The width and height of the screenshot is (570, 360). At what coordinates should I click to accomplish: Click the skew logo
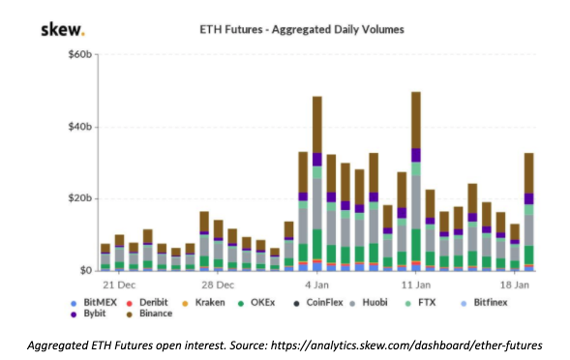click(63, 29)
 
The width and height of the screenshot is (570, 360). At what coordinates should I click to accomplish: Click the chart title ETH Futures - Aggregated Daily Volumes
click(302, 29)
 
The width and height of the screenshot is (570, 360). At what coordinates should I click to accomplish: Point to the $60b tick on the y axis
click(80, 54)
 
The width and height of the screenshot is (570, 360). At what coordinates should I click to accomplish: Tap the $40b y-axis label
click(80, 127)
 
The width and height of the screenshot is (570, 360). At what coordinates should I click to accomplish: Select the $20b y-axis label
click(80, 198)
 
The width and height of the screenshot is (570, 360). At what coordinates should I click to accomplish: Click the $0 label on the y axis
click(86, 271)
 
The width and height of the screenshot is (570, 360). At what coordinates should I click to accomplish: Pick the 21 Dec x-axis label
click(119, 285)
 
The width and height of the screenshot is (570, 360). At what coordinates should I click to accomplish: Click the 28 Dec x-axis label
click(218, 285)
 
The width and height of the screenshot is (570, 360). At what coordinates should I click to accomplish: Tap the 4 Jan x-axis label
click(316, 285)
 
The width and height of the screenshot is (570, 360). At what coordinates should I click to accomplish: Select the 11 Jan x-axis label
click(416, 285)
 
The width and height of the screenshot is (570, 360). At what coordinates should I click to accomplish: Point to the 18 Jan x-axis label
click(515, 285)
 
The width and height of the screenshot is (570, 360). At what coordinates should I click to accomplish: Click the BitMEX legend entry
click(94, 303)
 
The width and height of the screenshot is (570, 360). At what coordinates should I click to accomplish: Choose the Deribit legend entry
click(147, 303)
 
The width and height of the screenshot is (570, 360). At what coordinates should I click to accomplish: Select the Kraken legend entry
click(203, 303)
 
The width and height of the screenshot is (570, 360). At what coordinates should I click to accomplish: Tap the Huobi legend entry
click(369, 303)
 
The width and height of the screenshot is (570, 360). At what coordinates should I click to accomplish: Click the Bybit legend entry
click(88, 314)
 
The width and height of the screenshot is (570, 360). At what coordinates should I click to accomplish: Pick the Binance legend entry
click(149, 314)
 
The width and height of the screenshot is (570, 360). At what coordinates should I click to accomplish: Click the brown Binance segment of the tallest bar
click(416, 120)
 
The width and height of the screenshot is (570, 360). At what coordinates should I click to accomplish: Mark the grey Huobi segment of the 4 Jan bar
click(317, 203)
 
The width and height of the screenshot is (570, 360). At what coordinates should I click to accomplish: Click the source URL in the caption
click(406, 345)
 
